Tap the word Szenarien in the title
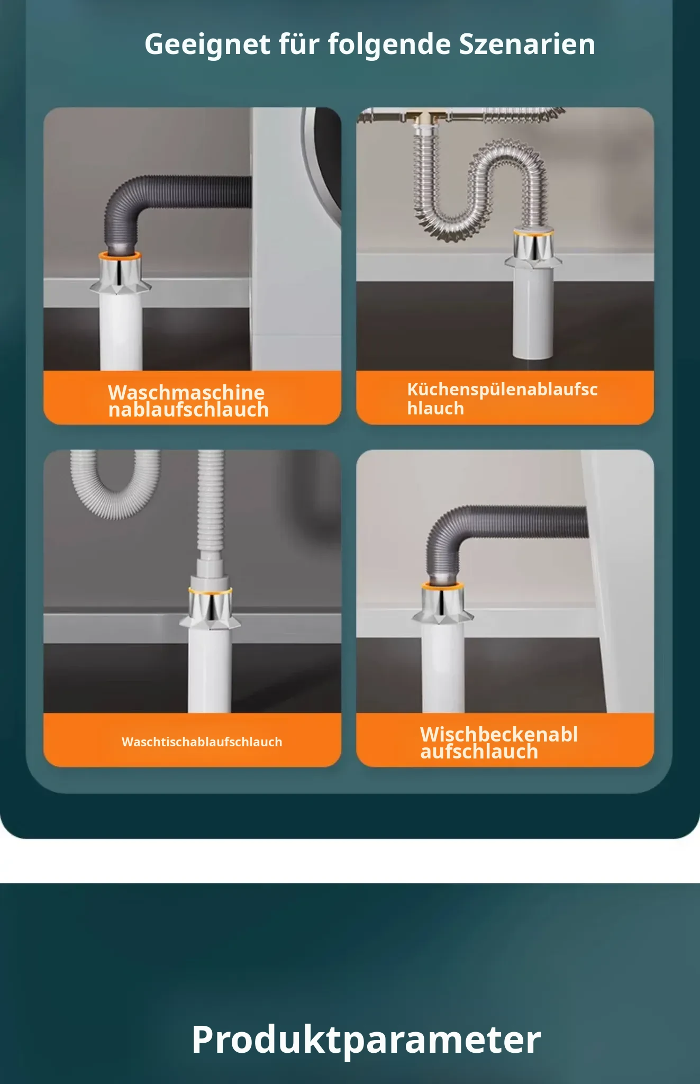pos(526,44)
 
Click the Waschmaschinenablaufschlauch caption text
pos(188,401)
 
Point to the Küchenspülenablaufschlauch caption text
pos(502,399)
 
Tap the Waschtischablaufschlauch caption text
pos(202,742)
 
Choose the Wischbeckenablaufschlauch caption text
pos(499,743)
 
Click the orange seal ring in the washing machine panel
pos(120,256)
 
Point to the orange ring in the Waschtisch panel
pos(210,590)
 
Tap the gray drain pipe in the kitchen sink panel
pos(533,312)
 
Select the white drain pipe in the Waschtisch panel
pos(210,670)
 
